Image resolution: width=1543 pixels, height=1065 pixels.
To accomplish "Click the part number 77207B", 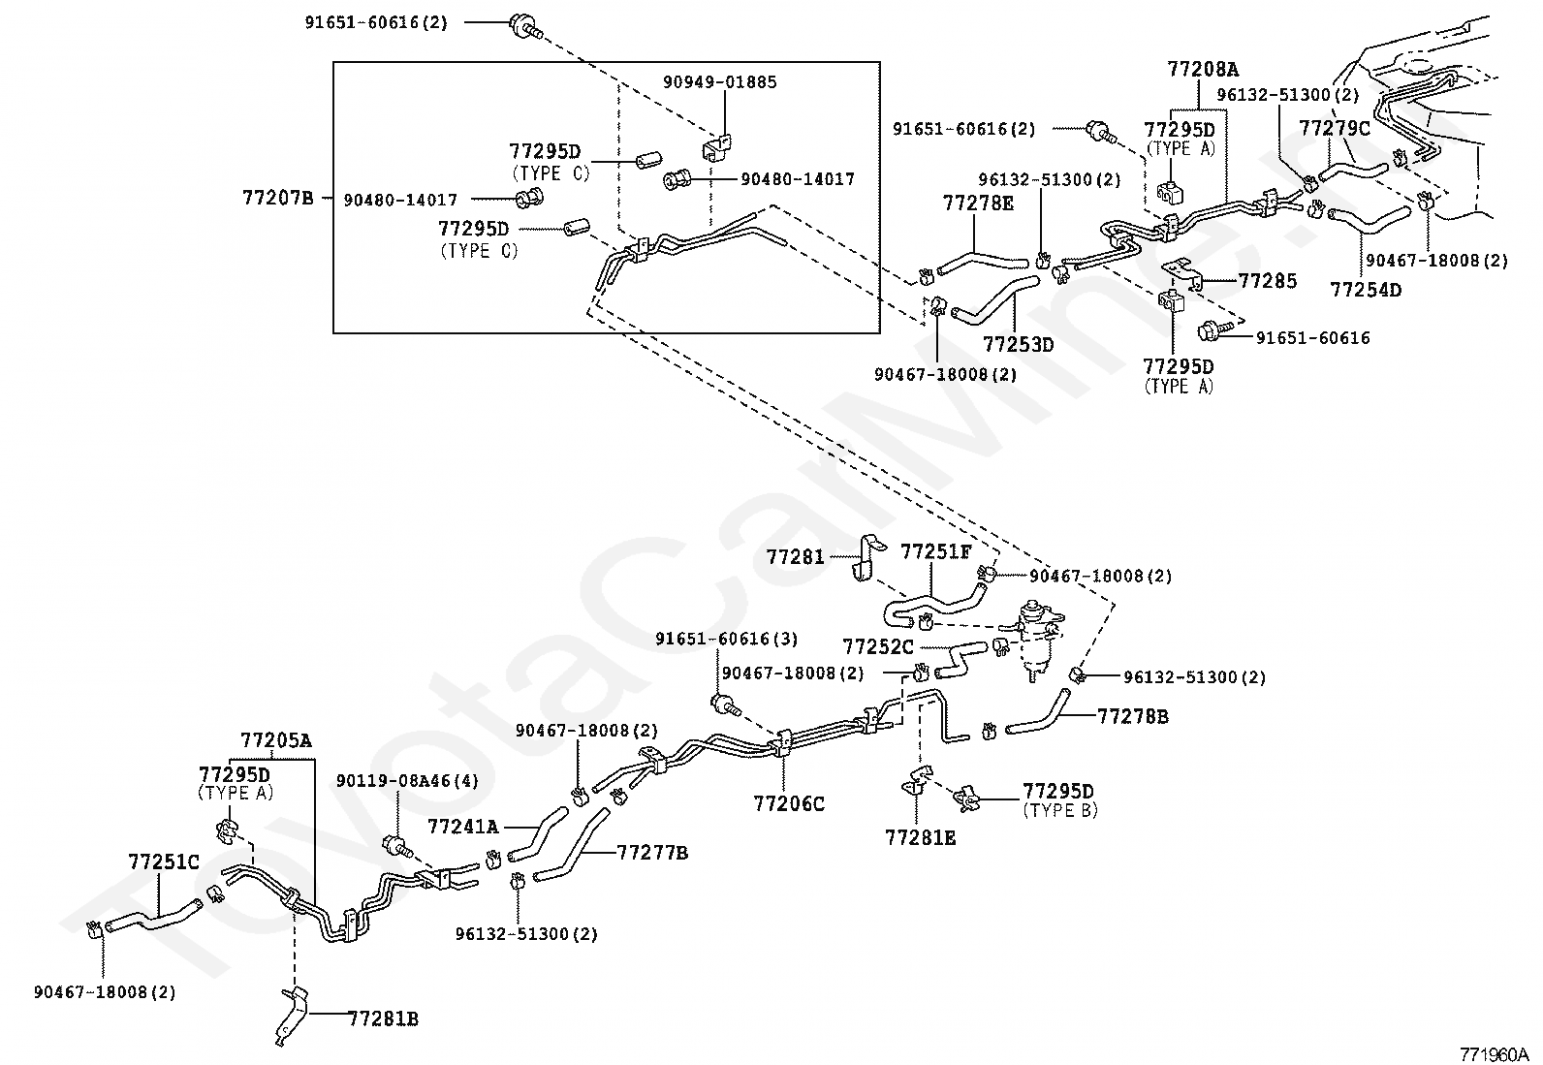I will (x=278, y=199).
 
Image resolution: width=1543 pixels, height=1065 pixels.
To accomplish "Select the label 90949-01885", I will (x=719, y=82).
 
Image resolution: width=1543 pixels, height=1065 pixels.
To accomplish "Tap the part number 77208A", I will (x=1202, y=70).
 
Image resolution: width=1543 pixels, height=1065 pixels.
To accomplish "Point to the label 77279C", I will (x=1334, y=128).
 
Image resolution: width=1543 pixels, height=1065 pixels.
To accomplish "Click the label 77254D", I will (x=1365, y=289).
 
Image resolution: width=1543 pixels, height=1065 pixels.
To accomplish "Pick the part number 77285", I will (x=1267, y=281).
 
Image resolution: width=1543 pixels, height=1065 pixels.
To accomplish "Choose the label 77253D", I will (x=1018, y=344).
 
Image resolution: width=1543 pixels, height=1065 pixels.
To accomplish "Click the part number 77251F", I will (x=935, y=551).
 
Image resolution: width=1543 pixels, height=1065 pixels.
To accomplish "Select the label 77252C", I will (x=878, y=646).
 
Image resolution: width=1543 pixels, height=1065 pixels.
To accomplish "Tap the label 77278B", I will (x=1133, y=716).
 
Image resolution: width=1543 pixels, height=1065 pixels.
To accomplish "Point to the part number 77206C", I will (x=789, y=803).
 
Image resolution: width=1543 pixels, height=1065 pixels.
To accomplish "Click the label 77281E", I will (x=920, y=837).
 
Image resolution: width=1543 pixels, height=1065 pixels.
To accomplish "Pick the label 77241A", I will (x=463, y=826).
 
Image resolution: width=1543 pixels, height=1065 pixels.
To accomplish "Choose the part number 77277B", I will (x=652, y=853).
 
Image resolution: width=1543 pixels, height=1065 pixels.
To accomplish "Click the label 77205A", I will (x=276, y=741).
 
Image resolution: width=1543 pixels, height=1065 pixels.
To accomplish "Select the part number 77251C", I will (x=164, y=861).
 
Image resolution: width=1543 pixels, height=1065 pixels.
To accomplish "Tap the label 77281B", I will (x=383, y=1018).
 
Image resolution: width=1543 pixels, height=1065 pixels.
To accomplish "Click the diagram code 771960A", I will (x=1495, y=1053).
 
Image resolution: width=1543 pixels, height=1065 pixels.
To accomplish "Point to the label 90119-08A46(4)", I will (x=407, y=781).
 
